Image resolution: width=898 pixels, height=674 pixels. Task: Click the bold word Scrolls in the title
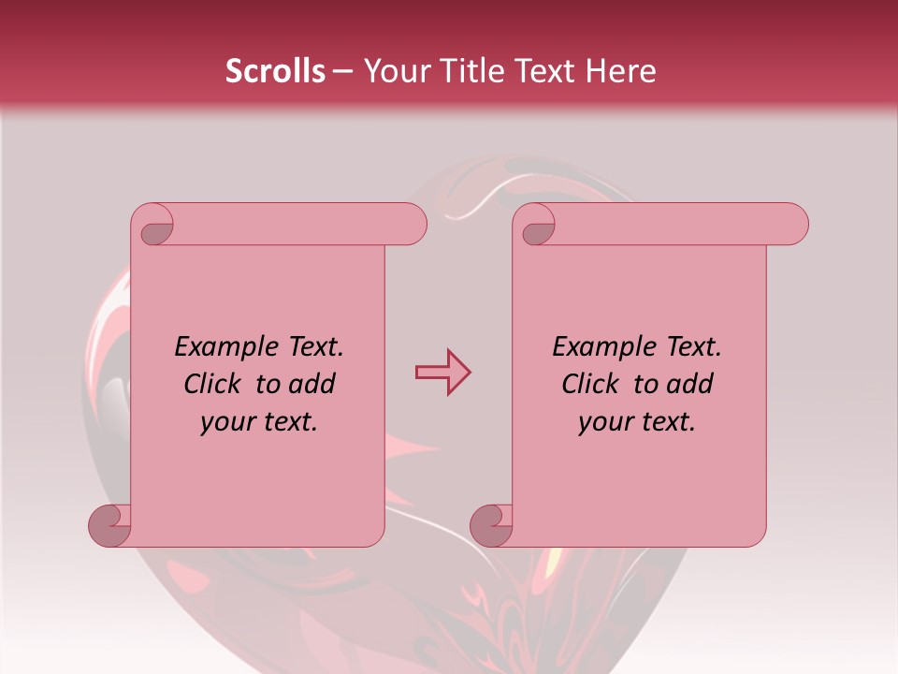point(275,71)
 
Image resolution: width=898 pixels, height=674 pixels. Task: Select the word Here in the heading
point(623,71)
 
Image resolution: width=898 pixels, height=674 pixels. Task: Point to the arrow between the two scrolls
point(442,372)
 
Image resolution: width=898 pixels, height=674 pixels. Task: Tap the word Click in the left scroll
point(213,385)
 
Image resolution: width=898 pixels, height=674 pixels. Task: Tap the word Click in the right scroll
point(591,385)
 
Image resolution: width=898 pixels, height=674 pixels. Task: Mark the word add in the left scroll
point(313,385)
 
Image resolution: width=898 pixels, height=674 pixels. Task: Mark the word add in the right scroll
point(691,385)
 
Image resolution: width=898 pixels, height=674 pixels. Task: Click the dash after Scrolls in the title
point(342,71)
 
